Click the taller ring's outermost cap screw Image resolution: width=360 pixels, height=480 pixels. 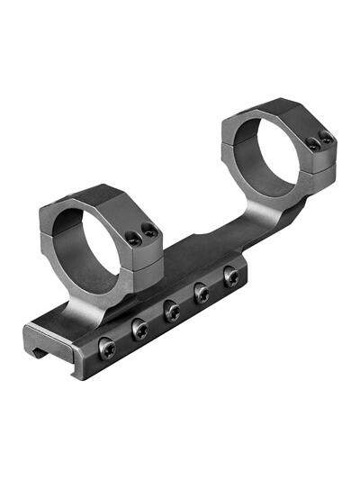click(326, 138)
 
